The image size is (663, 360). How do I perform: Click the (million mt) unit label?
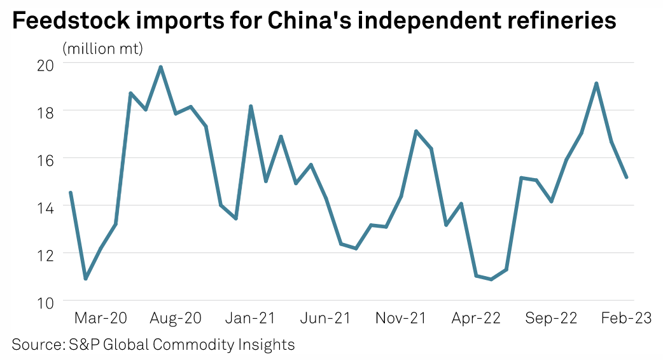coord(102,49)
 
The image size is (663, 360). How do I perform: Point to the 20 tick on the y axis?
coord(45,64)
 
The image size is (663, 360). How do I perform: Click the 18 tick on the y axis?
coord(45,111)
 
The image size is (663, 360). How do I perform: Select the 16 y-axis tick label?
coord(45,158)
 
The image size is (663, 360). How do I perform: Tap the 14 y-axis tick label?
coord(45,206)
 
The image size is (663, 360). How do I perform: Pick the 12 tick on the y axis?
coord(45,253)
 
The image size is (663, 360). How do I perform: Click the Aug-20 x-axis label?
coord(175,318)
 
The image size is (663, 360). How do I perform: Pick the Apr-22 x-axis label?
coord(475,318)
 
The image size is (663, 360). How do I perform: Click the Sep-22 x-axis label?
coord(552,318)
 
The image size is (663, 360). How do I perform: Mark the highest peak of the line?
coord(161,67)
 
